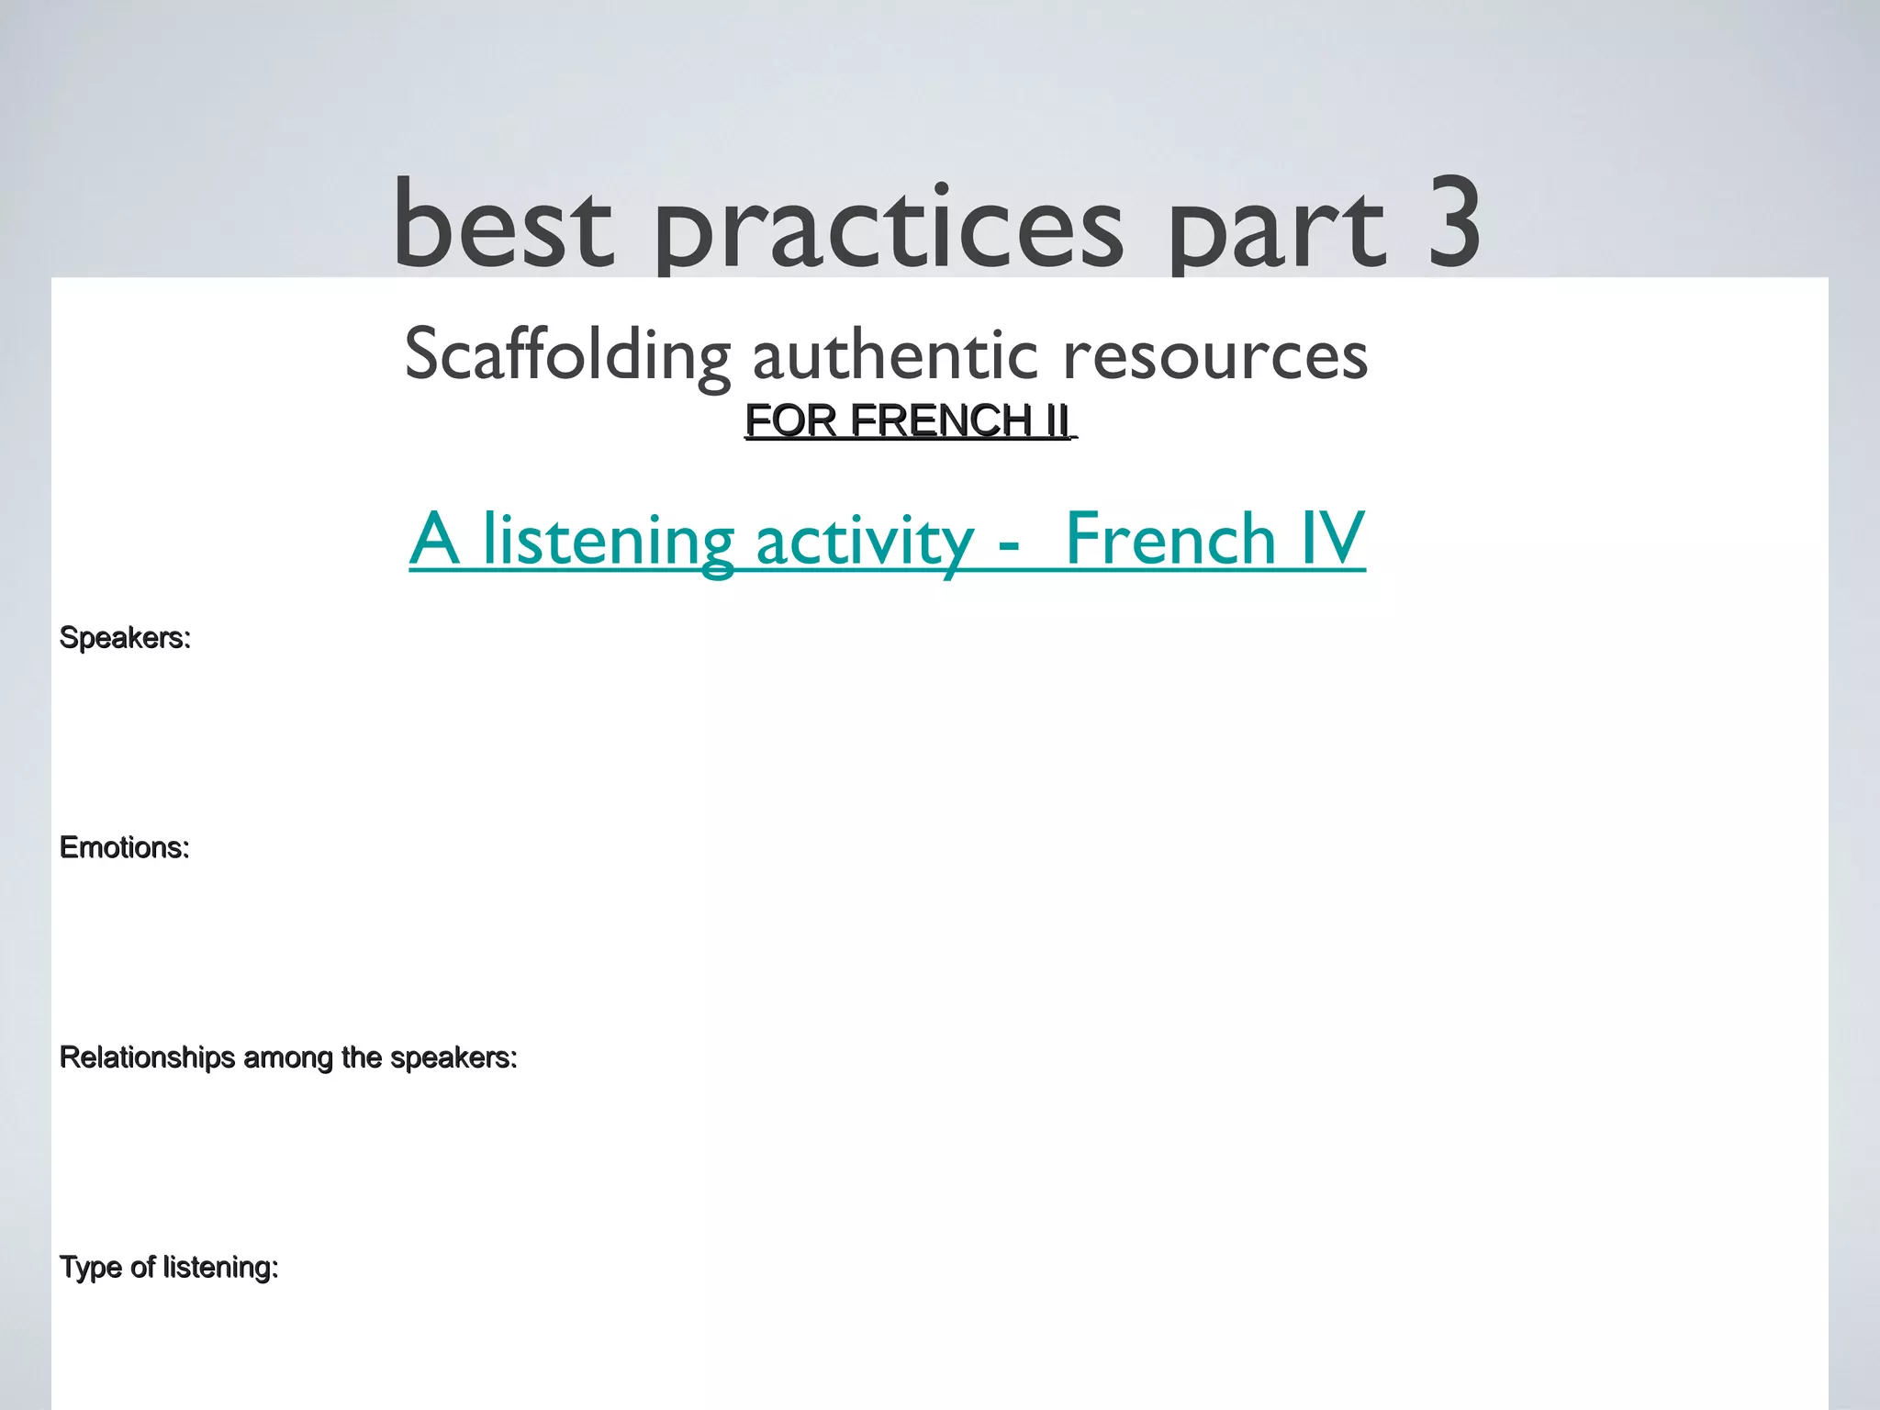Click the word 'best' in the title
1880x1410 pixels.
click(x=502, y=225)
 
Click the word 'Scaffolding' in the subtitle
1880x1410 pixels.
click(x=567, y=355)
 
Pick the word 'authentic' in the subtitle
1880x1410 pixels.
click(x=895, y=355)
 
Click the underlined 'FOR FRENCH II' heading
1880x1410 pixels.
click(x=909, y=420)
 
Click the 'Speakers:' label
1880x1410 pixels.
click(x=125, y=637)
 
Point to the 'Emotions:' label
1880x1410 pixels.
click(x=124, y=847)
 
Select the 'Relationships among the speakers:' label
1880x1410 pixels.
click(x=288, y=1057)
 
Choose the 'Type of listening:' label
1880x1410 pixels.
click(x=169, y=1268)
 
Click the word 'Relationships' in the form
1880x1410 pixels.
click(x=147, y=1057)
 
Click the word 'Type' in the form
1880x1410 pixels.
click(x=90, y=1268)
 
